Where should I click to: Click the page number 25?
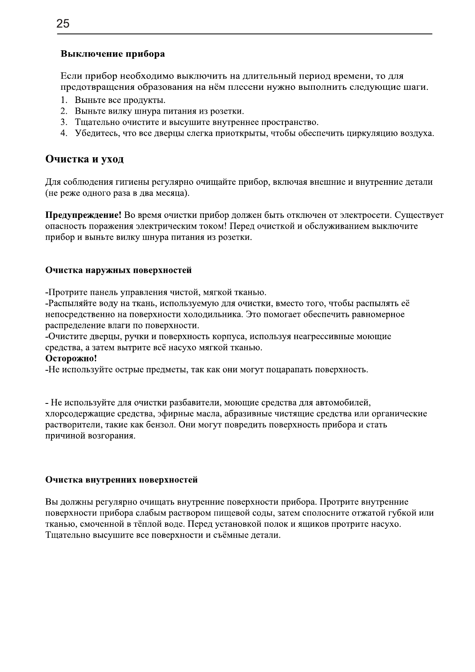pyautogui.click(x=63, y=24)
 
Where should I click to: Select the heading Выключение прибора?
pyautogui.click(x=112, y=54)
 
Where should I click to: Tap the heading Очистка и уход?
pyautogui.click(x=84, y=159)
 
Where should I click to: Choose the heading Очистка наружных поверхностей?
pyautogui.click(x=118, y=271)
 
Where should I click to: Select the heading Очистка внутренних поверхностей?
pyautogui.click(x=121, y=480)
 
